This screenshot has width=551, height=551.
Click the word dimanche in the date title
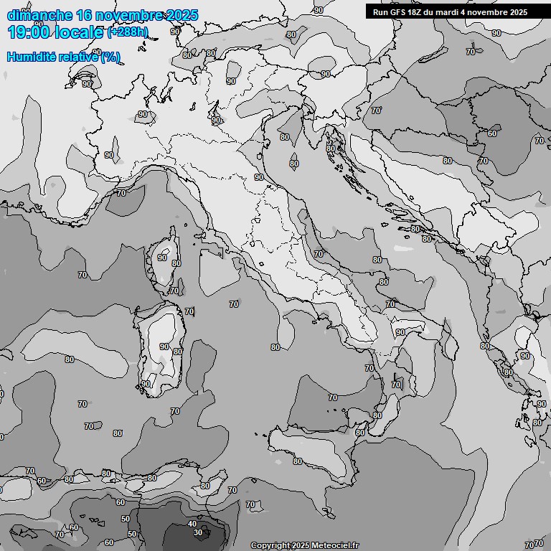pyautogui.click(x=39, y=15)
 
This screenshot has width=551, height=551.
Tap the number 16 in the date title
pyautogui.click(x=85, y=15)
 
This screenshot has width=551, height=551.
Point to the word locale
pyautogui.click(x=83, y=32)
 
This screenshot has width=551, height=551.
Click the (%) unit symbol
pyautogui.click(x=110, y=57)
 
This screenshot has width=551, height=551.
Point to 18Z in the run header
pyautogui.click(x=415, y=11)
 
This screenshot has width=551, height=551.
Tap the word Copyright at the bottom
pyautogui.click(x=270, y=545)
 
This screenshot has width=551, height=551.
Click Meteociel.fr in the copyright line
pyautogui.click(x=335, y=545)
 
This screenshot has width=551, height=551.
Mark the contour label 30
pyautogui.click(x=199, y=532)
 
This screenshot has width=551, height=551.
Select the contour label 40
pyautogui.click(x=192, y=524)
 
